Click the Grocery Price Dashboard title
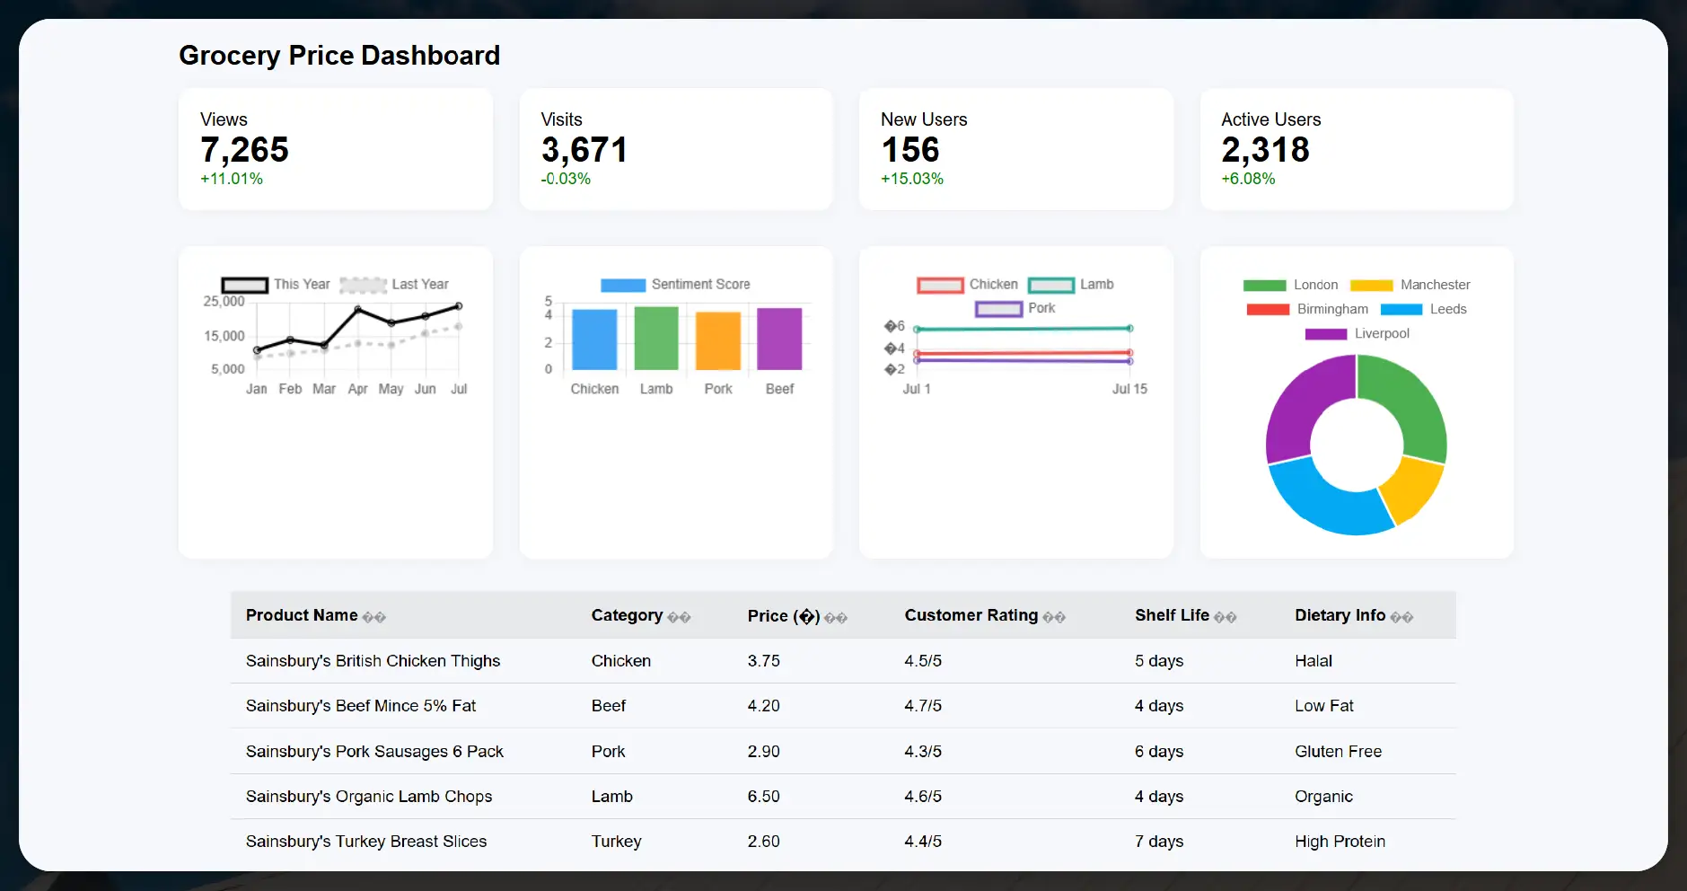pos(339,56)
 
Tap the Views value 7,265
pos(244,150)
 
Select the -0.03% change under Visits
pos(566,179)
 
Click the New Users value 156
pos(909,150)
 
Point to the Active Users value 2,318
pos(1265,150)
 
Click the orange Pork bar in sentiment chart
pos(718,341)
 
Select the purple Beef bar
pos(779,340)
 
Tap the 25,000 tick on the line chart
pos(224,302)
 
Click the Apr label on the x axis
pos(357,389)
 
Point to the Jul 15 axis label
pos(1129,389)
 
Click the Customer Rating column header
pos(971,615)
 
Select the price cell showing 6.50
pos(763,797)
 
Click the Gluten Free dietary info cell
pos(1338,752)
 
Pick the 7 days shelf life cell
pos(1158,842)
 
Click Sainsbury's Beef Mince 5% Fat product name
pos(361,706)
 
